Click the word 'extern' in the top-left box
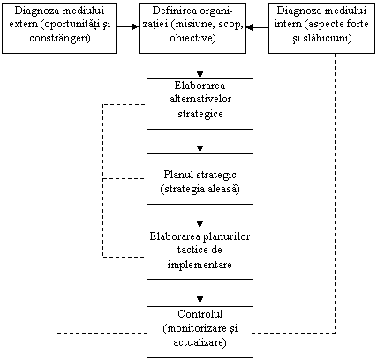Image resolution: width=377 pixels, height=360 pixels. pyautogui.click(x=24, y=24)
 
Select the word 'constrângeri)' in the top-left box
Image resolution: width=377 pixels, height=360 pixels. pyautogui.click(x=60, y=38)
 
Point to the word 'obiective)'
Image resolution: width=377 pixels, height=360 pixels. pyautogui.click(x=192, y=38)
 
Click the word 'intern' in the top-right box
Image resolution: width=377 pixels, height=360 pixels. pyautogui.click(x=288, y=24)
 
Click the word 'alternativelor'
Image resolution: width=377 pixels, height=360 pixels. pyautogui.click(x=200, y=99)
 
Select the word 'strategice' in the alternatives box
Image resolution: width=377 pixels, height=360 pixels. pyautogui.click(x=200, y=114)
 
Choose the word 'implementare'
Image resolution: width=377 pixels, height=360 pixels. pyautogui.click(x=200, y=265)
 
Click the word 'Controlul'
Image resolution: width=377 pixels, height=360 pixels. pyautogui.click(x=200, y=314)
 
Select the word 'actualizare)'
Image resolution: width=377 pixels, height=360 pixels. pyautogui.click(x=200, y=343)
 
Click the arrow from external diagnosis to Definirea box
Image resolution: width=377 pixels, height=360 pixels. pyautogui.click(x=128, y=27)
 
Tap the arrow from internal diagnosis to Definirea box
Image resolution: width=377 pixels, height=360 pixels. pyautogui.click(x=257, y=27)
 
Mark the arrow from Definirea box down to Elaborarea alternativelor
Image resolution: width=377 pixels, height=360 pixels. pyautogui.click(x=200, y=65)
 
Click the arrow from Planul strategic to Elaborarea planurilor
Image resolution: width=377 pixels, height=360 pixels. pyautogui.click(x=200, y=216)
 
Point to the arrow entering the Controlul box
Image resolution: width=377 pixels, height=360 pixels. pyautogui.click(x=200, y=292)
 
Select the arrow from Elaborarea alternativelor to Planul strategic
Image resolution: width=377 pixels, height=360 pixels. pyautogui.click(x=200, y=141)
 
